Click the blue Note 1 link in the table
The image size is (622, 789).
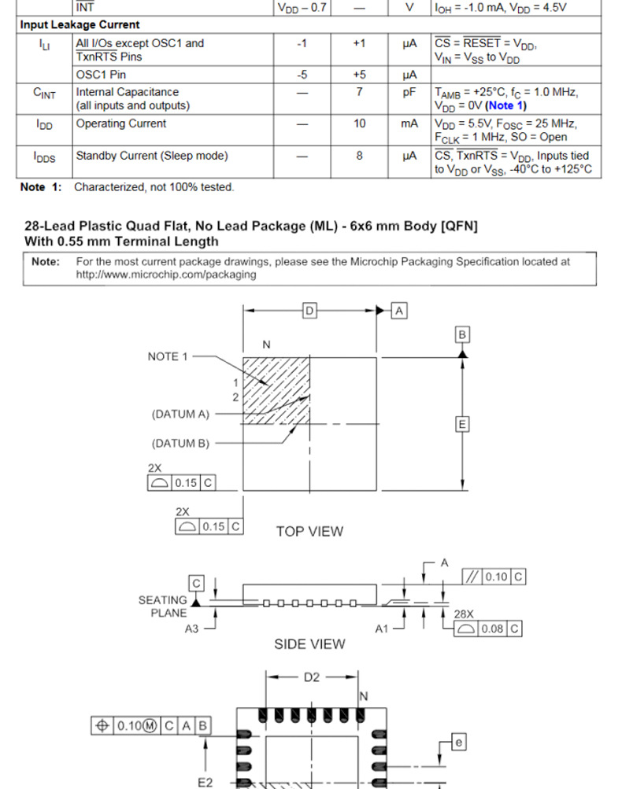coord(506,105)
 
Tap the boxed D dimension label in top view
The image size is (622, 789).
coord(309,312)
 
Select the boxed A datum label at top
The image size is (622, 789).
coord(399,312)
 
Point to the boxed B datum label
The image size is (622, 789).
coord(462,335)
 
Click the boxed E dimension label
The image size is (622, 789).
coord(462,425)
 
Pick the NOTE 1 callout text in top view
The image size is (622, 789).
coord(168,356)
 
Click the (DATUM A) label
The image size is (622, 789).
coord(181,414)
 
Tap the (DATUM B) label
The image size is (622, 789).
coord(181,443)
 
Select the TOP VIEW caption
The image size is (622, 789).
coord(309,532)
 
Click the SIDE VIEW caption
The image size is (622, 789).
coord(309,644)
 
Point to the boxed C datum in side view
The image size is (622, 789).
coord(196,583)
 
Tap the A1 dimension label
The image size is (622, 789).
coord(381,629)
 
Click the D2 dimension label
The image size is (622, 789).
coord(312,677)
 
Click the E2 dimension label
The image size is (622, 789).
coord(205,783)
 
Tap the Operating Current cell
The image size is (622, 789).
coord(120,124)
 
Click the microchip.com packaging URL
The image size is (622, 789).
coord(166,275)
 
